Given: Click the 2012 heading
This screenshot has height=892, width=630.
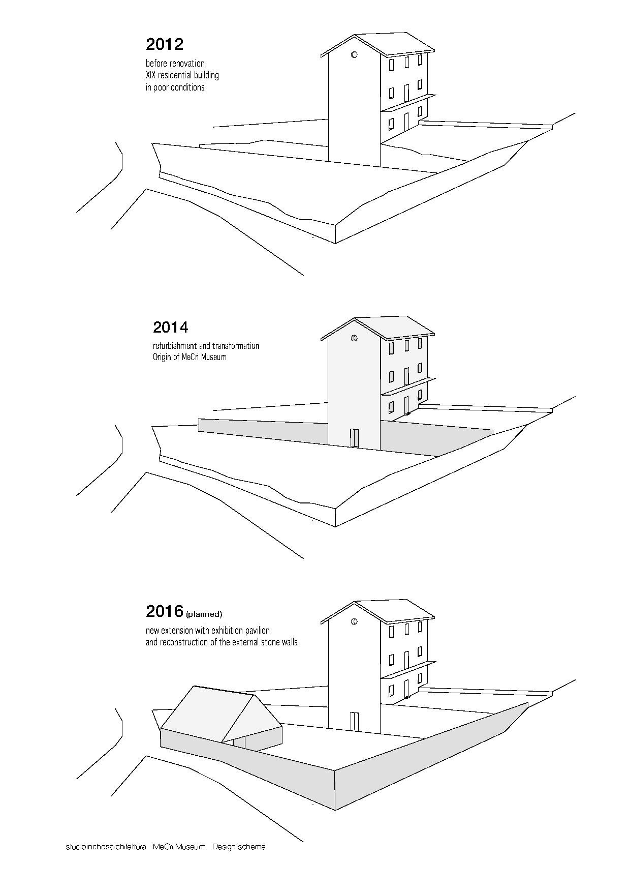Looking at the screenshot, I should tap(164, 44).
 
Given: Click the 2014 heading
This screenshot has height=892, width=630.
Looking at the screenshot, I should tap(171, 327).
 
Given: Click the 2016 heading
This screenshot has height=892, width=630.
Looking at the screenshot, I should tap(164, 611).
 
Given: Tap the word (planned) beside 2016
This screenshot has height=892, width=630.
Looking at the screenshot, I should tap(204, 614).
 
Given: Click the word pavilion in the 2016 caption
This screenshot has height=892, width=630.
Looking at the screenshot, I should tap(257, 630).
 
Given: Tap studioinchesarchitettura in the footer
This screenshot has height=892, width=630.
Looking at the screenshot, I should tap(106, 847).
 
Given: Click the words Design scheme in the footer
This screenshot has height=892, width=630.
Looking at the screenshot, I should tap(239, 847).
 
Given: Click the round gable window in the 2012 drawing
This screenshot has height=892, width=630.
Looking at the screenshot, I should tap(354, 54).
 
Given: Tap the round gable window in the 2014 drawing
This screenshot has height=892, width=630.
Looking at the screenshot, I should tap(354, 338).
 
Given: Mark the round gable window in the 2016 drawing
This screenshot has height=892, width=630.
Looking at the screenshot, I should tap(354, 621).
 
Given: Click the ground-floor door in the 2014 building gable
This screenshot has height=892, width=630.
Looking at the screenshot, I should tap(354, 438).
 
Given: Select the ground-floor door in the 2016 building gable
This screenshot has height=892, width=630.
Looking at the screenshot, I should tap(354, 721).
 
